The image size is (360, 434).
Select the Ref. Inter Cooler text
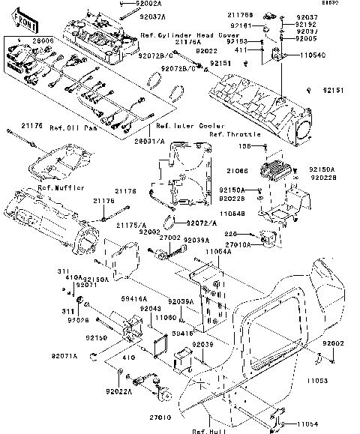coord(184,127)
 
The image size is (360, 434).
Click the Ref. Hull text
coord(205,430)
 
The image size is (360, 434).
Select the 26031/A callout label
coord(148,138)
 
